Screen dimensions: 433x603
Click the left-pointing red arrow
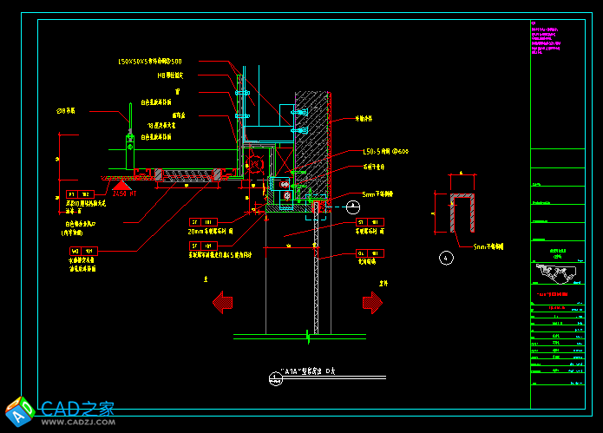click(x=223, y=303)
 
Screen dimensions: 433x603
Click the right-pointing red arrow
click(x=372, y=303)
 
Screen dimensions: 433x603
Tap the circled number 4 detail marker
click(x=446, y=258)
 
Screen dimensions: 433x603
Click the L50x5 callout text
click(x=385, y=152)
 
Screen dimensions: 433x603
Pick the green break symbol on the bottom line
click(x=308, y=335)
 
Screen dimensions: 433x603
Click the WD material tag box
click(x=84, y=252)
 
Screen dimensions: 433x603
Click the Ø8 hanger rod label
click(x=66, y=111)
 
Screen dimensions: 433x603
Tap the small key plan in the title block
click(x=556, y=274)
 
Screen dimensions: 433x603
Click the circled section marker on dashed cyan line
click(x=353, y=207)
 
